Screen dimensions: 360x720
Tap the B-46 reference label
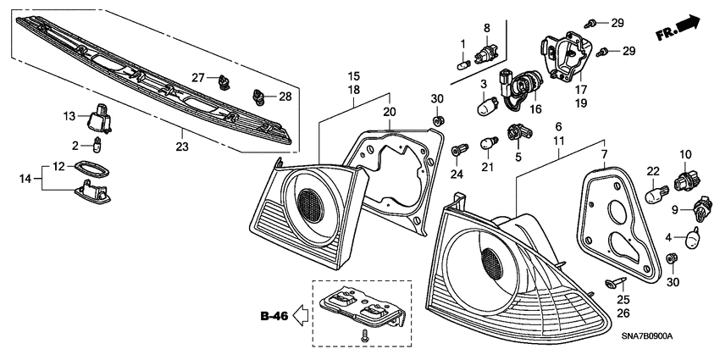(x=274, y=318)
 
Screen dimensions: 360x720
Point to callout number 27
(x=198, y=77)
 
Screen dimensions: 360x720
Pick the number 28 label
(x=285, y=97)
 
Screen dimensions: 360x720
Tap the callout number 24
(x=457, y=174)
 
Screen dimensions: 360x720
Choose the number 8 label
(x=487, y=28)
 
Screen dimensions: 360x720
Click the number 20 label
(x=390, y=112)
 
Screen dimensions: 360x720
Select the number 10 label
(x=685, y=153)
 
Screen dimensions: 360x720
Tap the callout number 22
(x=652, y=171)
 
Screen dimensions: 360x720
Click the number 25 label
(x=623, y=300)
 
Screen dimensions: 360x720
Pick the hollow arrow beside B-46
(x=301, y=318)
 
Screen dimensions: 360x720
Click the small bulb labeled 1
(x=463, y=61)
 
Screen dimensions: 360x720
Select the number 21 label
(x=486, y=167)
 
